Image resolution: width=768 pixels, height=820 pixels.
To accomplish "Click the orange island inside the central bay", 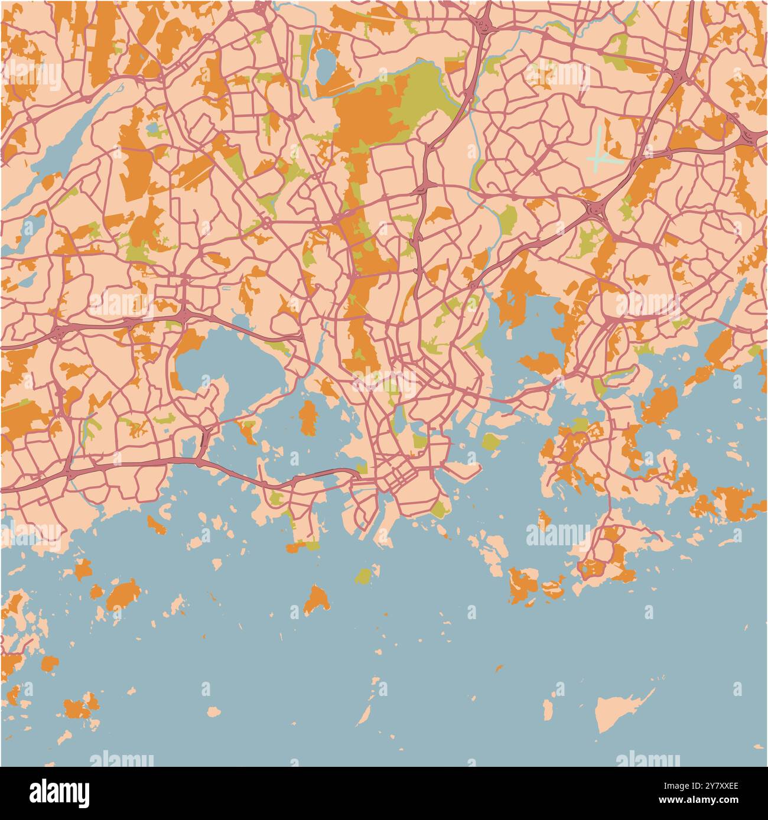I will click(307, 416).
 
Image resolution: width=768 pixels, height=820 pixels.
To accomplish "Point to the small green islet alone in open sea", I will click(363, 575).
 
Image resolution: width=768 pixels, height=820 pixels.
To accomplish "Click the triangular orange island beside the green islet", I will click(317, 600).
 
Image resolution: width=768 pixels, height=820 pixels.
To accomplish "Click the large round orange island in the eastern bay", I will click(660, 406).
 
